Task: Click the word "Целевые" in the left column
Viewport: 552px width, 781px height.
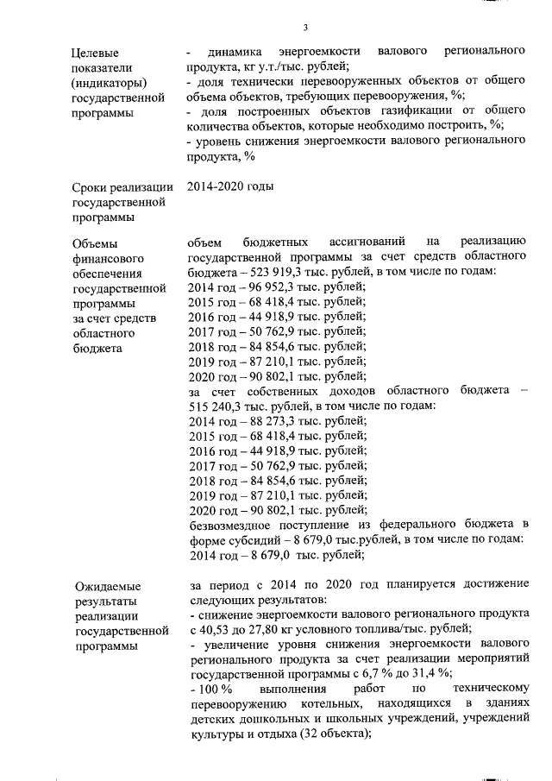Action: tap(95, 54)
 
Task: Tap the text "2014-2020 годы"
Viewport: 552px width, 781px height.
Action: tap(224, 187)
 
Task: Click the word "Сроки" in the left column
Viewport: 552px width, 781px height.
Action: tap(91, 188)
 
